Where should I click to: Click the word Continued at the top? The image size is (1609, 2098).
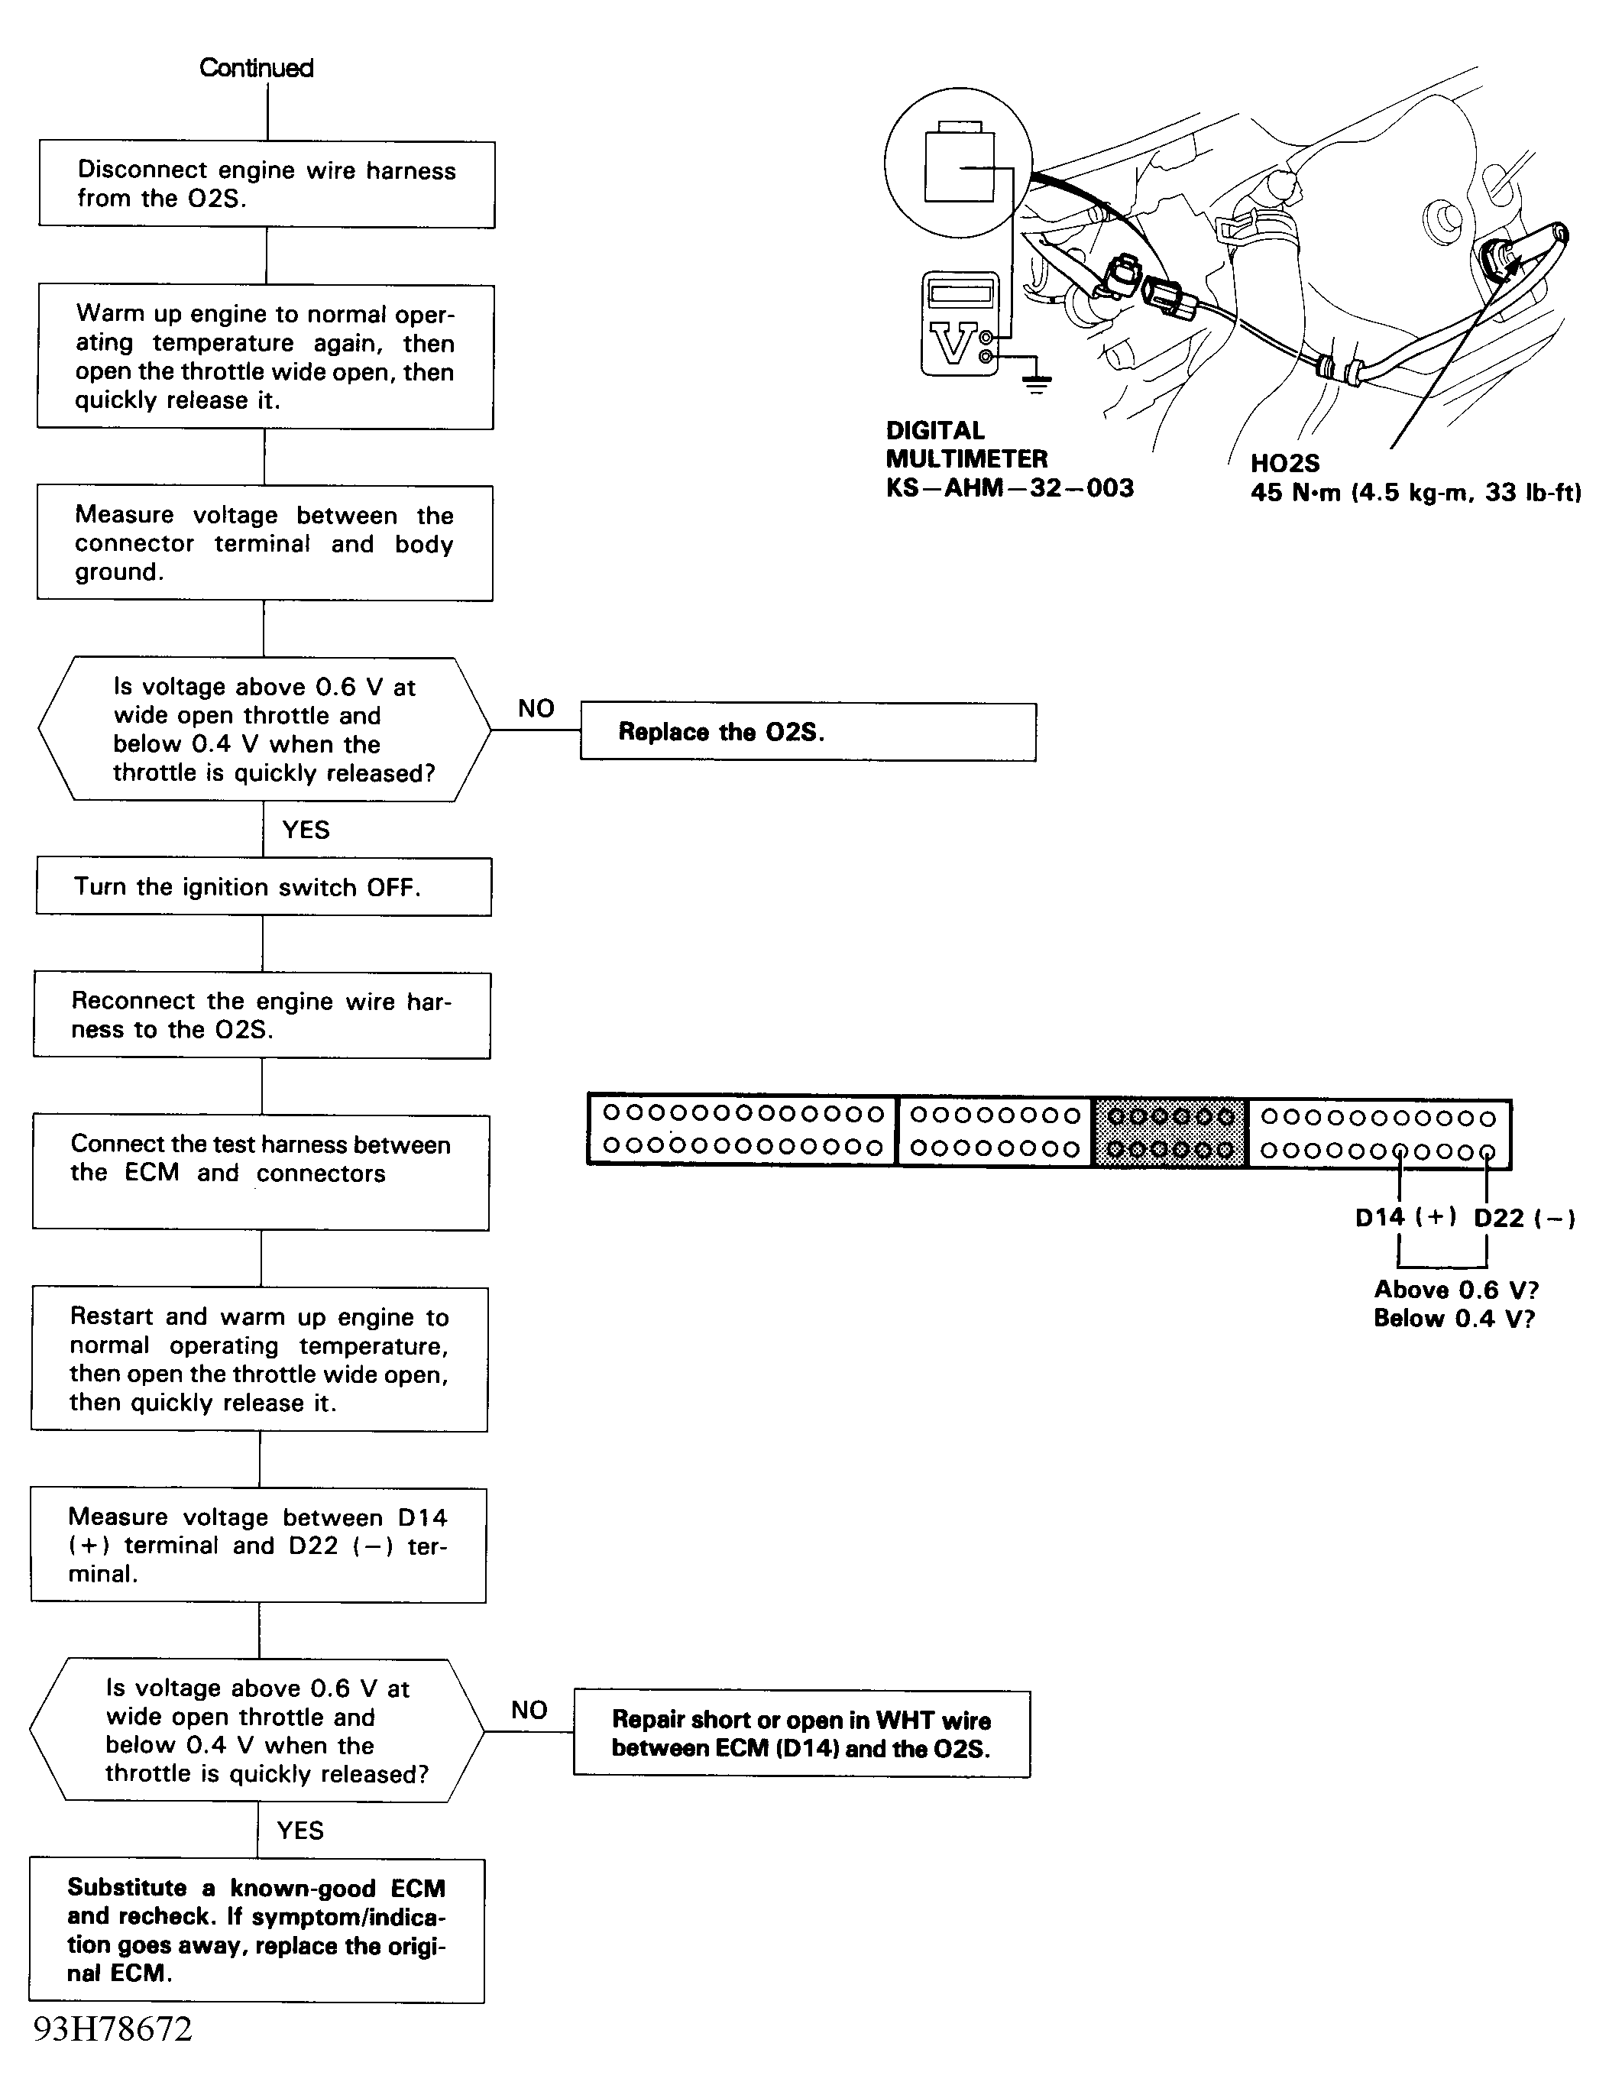click(x=256, y=68)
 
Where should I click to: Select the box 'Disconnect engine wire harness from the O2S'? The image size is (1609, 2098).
click(x=266, y=185)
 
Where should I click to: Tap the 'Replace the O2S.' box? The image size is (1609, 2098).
click(x=808, y=733)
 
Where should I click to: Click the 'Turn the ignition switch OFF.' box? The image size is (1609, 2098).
click(x=264, y=887)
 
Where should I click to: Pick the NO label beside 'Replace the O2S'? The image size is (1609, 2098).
click(x=536, y=708)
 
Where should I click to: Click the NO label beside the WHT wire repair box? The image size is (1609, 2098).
click(x=529, y=1710)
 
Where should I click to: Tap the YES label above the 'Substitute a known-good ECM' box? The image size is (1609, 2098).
click(x=299, y=1831)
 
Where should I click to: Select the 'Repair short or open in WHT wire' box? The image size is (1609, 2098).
click(x=801, y=1734)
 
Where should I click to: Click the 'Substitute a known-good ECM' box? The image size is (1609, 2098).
click(x=257, y=1931)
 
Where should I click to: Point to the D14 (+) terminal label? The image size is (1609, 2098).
click(x=1405, y=1217)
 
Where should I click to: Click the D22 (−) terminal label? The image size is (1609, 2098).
click(x=1523, y=1218)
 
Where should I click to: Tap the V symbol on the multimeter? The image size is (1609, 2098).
click(x=953, y=344)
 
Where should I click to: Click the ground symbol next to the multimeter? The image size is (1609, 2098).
click(x=1035, y=382)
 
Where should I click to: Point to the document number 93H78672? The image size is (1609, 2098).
click(x=113, y=2030)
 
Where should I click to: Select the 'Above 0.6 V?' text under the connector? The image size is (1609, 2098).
click(x=1455, y=1290)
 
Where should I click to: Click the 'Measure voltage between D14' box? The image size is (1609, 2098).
click(x=257, y=1546)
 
